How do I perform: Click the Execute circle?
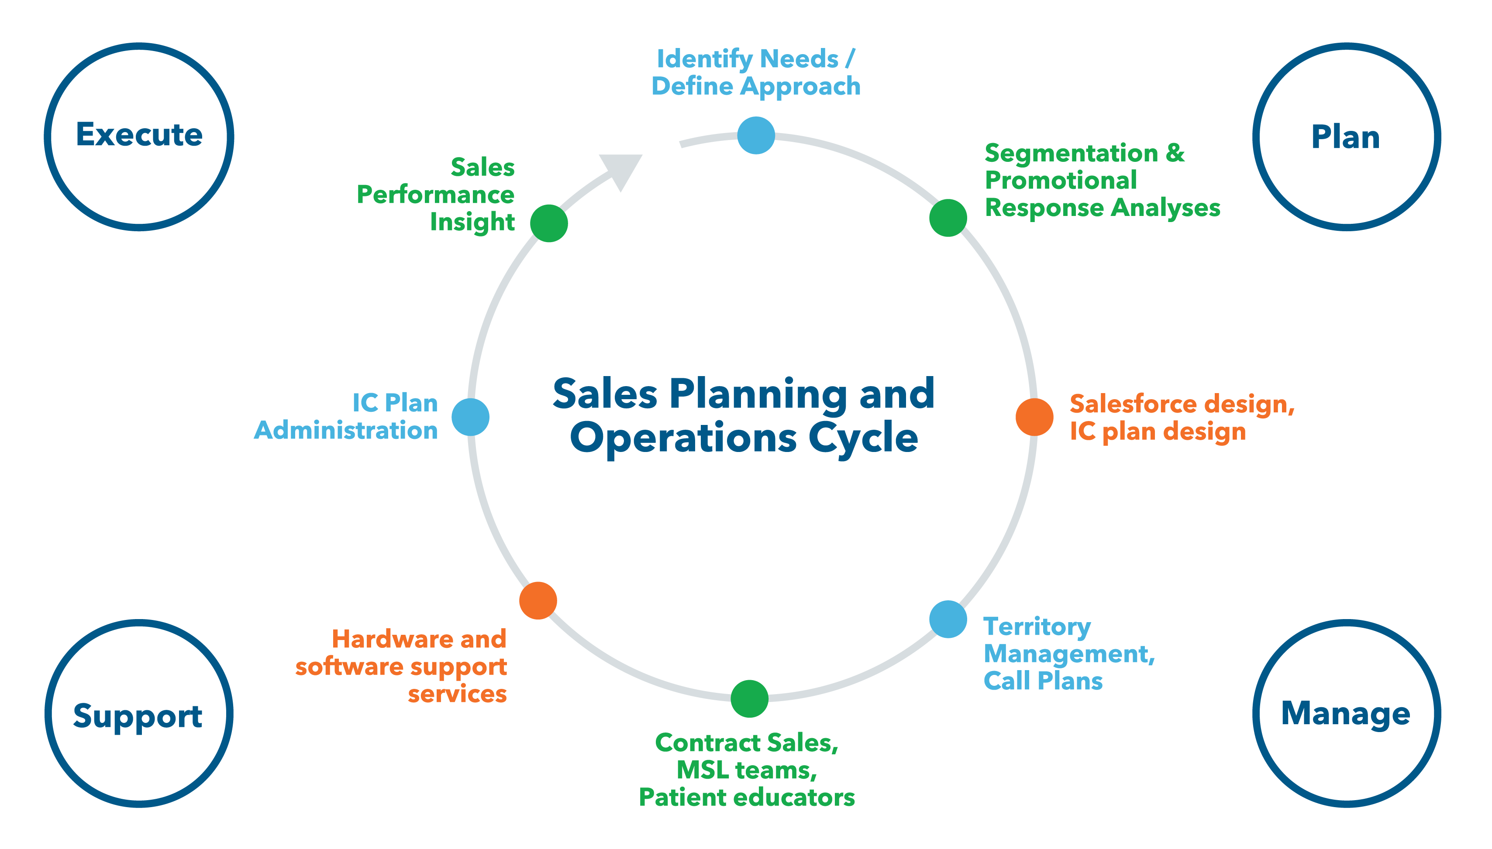(x=139, y=137)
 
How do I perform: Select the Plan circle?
(x=1346, y=137)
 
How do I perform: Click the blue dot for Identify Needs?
(x=756, y=135)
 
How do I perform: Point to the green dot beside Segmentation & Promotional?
(x=948, y=218)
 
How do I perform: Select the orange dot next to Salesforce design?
(x=1034, y=417)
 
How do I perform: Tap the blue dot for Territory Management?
(x=948, y=619)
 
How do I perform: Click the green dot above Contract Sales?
(x=749, y=698)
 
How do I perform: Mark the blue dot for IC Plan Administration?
(x=470, y=417)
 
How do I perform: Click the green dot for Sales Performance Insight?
(x=548, y=223)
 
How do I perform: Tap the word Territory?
(x=1037, y=627)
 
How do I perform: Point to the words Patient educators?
(x=747, y=797)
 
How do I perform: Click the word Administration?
(x=346, y=430)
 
